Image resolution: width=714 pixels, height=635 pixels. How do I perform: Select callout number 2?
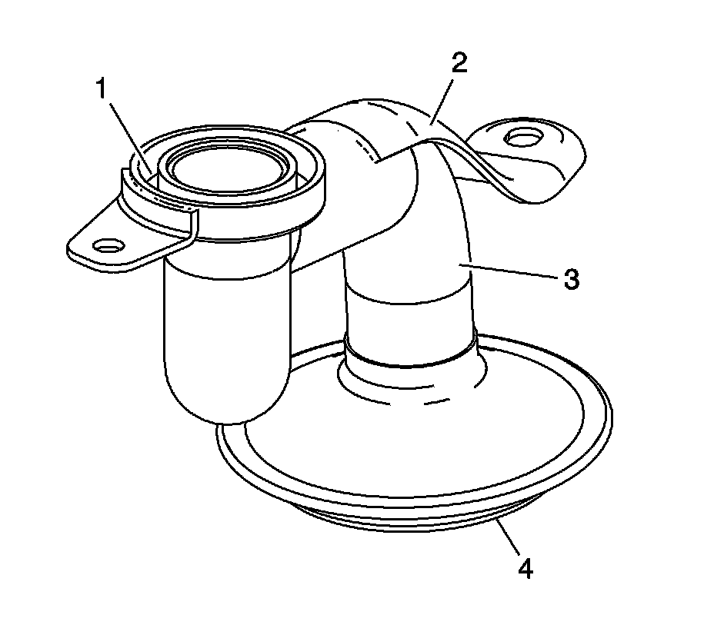point(459,64)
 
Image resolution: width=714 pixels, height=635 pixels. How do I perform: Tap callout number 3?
point(572,279)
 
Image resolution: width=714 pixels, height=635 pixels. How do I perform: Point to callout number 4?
point(525,568)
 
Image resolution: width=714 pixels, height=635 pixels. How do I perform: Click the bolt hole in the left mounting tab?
point(108,246)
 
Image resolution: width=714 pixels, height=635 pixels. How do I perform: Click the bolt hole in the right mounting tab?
point(522,137)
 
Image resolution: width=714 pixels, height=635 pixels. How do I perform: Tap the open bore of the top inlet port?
point(228,170)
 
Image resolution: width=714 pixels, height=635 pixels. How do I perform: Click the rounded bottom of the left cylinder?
point(226,401)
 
